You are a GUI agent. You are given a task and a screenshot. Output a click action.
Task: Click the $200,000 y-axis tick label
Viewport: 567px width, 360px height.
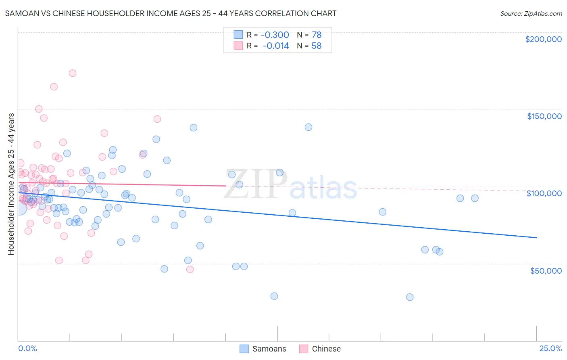tap(543, 39)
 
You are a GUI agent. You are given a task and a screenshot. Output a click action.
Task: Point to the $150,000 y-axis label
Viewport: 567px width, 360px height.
tap(544, 116)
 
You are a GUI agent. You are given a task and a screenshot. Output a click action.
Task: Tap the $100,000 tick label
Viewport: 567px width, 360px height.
tap(544, 193)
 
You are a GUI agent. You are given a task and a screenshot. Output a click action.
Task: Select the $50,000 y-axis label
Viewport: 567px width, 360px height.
tap(546, 270)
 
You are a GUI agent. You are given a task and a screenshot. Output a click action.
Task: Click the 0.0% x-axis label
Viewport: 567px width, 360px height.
tap(27, 348)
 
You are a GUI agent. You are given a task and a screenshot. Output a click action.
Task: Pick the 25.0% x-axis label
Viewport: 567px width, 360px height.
tap(550, 348)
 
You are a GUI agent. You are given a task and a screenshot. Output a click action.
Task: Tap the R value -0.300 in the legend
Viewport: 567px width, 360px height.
tap(275, 35)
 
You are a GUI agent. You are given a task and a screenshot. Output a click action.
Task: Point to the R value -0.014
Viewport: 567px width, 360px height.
tap(275, 46)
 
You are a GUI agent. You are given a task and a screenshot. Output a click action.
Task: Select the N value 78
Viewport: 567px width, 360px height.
tap(317, 35)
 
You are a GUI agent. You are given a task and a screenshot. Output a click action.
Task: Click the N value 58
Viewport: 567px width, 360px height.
tap(317, 46)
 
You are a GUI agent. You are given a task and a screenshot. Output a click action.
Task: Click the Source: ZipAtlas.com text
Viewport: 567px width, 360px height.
tap(531, 13)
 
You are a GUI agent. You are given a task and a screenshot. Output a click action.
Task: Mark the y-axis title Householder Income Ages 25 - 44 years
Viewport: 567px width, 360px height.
tap(11, 184)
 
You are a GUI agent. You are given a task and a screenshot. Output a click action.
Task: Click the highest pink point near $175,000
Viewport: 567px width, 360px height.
tap(73, 73)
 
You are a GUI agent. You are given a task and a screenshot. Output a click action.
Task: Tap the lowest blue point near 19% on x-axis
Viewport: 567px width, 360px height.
tap(410, 297)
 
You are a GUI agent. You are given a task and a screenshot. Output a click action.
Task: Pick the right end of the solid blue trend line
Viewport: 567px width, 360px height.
tap(536, 238)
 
